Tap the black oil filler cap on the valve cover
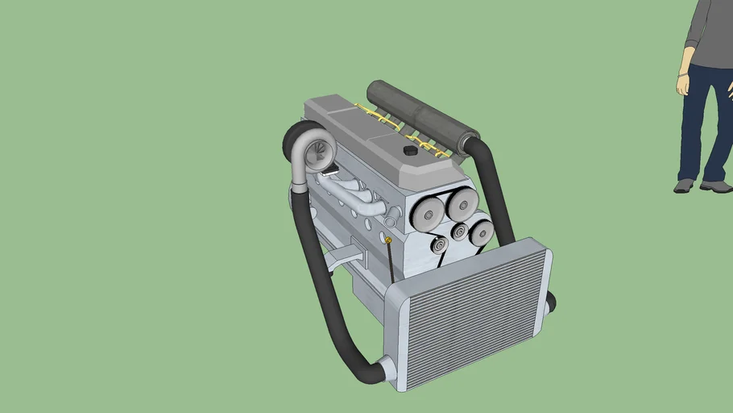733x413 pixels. [410, 151]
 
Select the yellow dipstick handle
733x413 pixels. [389, 240]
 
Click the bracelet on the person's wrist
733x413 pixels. [684, 74]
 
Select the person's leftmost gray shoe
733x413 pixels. [683, 186]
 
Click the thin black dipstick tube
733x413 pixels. [391, 262]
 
